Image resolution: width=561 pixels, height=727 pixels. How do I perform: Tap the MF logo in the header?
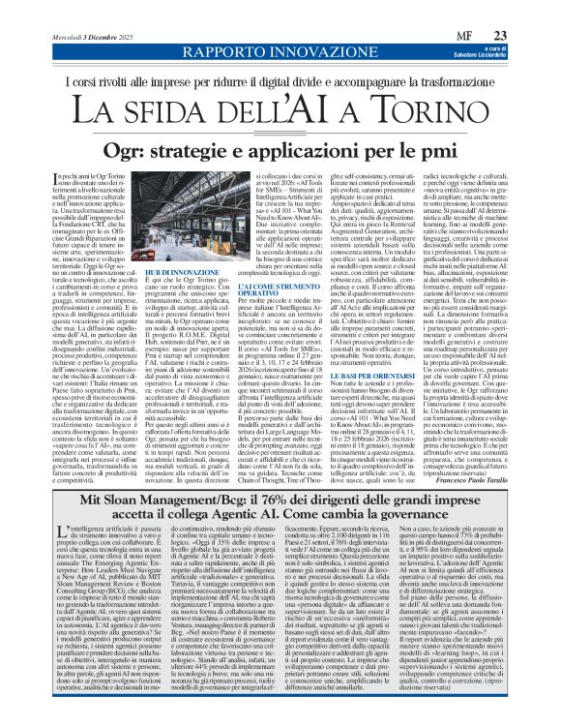[491, 11]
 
